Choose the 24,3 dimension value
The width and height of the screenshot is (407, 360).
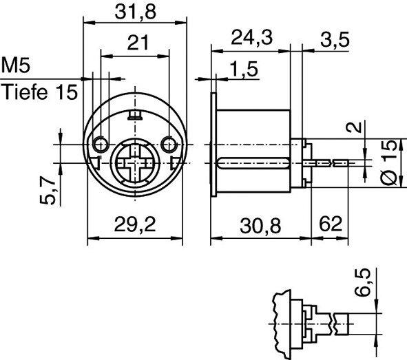[x=250, y=39]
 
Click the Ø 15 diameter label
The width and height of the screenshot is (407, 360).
[x=388, y=162]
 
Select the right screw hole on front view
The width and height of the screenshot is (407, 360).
[x=170, y=144]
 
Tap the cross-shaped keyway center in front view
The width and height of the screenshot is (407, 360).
[x=135, y=163]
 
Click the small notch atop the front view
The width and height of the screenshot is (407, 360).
[x=136, y=114]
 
